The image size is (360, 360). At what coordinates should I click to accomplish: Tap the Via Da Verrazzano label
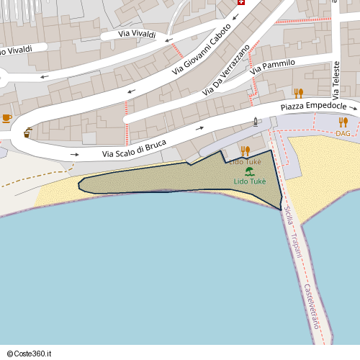(x=226, y=70)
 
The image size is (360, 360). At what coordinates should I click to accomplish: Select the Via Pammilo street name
(x=273, y=68)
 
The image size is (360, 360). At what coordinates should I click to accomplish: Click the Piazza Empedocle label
(x=314, y=107)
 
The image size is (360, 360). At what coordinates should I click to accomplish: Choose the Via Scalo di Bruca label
(x=134, y=148)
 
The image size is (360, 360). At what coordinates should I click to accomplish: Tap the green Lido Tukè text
(x=249, y=181)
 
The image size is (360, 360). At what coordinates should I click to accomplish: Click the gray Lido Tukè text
(x=245, y=162)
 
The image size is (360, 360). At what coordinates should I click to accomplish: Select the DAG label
(x=343, y=133)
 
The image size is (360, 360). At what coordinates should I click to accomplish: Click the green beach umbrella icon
(x=249, y=171)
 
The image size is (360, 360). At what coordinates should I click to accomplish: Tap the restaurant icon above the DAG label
(x=343, y=122)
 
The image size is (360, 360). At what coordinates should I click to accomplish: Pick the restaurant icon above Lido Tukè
(x=246, y=151)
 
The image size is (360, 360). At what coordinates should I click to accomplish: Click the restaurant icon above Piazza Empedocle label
(x=299, y=94)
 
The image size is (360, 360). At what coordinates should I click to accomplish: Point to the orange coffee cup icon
(x=7, y=117)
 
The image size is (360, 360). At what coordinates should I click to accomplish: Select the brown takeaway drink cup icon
(x=27, y=132)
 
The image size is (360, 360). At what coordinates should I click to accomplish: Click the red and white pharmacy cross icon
(x=240, y=3)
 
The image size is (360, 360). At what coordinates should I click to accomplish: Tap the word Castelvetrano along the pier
(x=310, y=307)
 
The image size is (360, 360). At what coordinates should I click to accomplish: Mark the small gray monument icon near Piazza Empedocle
(x=255, y=122)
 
